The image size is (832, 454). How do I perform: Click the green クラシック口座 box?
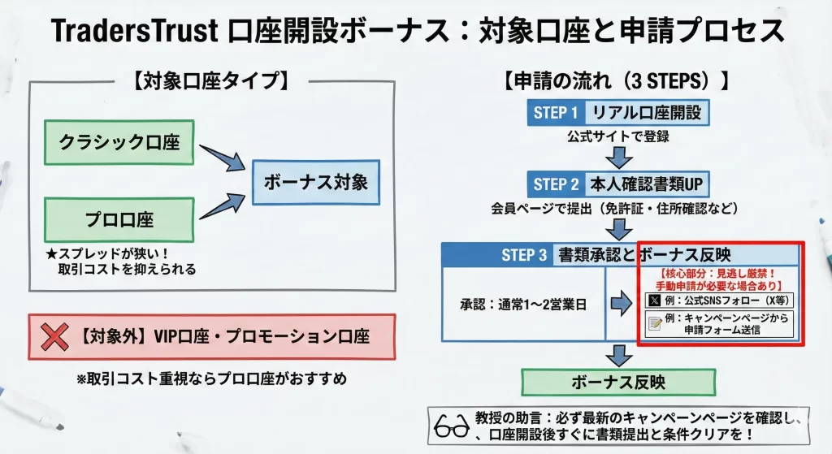point(119,143)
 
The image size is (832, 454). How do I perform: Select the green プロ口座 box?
point(119,219)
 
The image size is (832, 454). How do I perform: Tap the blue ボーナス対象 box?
point(316,182)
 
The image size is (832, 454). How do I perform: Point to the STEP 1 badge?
point(556,113)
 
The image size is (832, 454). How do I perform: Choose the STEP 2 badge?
point(556,184)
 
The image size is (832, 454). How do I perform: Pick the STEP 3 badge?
point(524,255)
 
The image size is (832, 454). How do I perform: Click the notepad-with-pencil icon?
point(654,324)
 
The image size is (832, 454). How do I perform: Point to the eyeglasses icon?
point(451,426)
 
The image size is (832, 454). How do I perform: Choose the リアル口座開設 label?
point(647,113)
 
